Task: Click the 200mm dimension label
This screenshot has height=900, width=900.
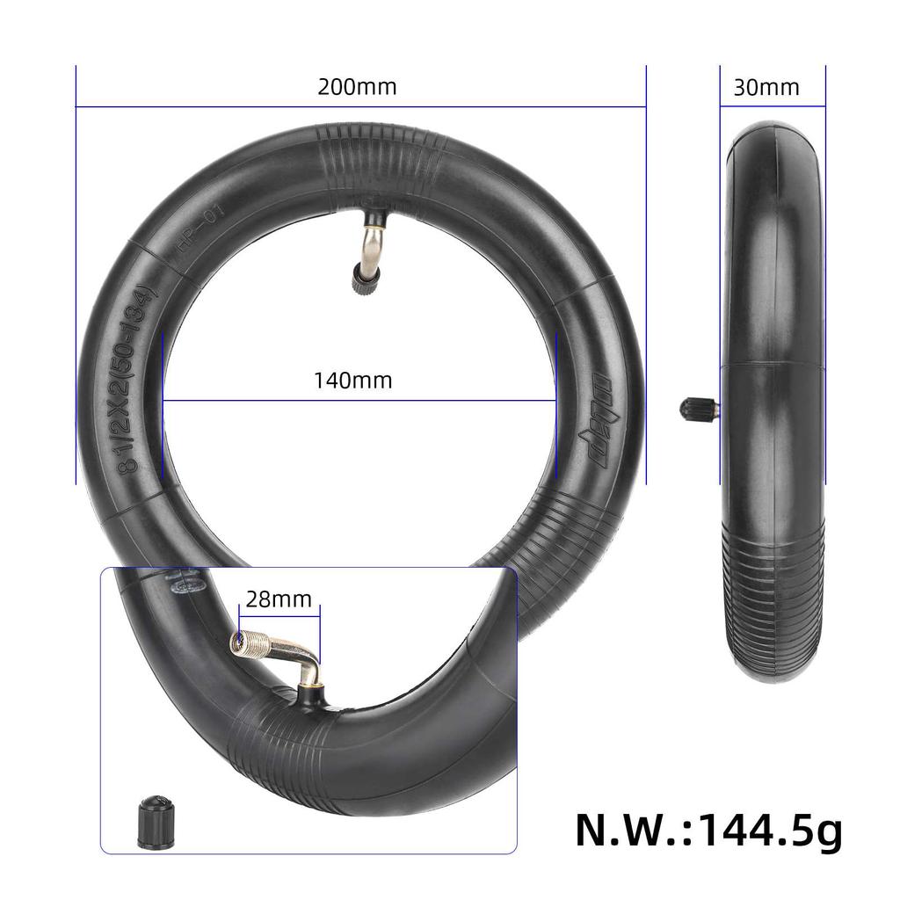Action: [357, 87]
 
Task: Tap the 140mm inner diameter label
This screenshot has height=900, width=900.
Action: [352, 381]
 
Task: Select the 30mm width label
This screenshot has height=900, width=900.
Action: [766, 87]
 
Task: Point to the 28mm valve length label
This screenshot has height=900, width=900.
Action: [278, 599]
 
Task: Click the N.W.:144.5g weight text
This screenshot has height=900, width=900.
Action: [708, 829]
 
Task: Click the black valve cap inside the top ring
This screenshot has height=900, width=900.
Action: [361, 280]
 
